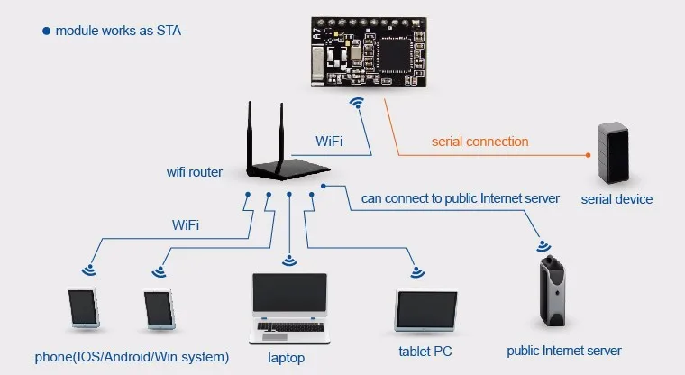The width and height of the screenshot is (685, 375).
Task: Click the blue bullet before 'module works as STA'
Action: click(46, 31)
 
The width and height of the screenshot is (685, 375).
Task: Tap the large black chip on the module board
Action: click(396, 54)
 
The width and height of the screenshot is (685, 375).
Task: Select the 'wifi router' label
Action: click(195, 172)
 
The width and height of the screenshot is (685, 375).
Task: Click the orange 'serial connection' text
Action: click(480, 142)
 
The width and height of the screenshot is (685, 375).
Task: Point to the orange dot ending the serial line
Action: click(588, 155)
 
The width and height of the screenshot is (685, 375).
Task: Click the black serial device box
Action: click(614, 153)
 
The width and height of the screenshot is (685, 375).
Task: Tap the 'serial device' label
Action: click(616, 199)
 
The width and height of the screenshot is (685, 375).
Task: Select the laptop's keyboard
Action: click(290, 327)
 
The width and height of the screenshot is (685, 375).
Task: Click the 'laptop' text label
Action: click(286, 358)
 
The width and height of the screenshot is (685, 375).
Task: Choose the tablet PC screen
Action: click(426, 309)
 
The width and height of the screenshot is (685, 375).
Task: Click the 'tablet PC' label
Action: click(425, 352)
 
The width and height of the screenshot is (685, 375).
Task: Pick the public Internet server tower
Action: click(553, 290)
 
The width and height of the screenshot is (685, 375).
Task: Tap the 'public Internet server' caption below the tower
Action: click(564, 351)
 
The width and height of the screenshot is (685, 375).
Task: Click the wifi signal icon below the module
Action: click(357, 103)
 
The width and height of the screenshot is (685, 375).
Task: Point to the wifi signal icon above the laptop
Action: click(289, 261)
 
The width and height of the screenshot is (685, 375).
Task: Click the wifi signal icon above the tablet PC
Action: click(417, 272)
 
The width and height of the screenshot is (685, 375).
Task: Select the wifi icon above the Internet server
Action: click(543, 246)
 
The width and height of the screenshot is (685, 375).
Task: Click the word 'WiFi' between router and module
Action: click(329, 142)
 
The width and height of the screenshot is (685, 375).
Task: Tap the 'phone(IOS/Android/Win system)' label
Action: click(132, 357)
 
